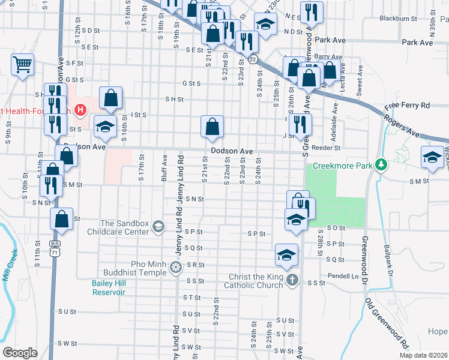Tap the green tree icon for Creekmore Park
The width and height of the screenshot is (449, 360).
click(x=379, y=164)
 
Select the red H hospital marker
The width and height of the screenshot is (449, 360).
click(x=80, y=110)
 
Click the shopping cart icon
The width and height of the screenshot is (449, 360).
click(x=22, y=64)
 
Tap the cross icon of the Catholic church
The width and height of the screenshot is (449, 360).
click(x=292, y=280)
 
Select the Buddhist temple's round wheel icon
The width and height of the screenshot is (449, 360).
click(x=176, y=267)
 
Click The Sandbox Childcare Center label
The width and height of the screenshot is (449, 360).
click(x=118, y=227)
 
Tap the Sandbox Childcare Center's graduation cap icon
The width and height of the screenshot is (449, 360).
click(x=158, y=226)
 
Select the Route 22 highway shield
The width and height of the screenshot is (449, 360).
click(x=253, y=59)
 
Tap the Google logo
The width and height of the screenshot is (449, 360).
click(x=20, y=353)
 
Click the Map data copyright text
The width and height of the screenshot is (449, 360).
click(x=423, y=355)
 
